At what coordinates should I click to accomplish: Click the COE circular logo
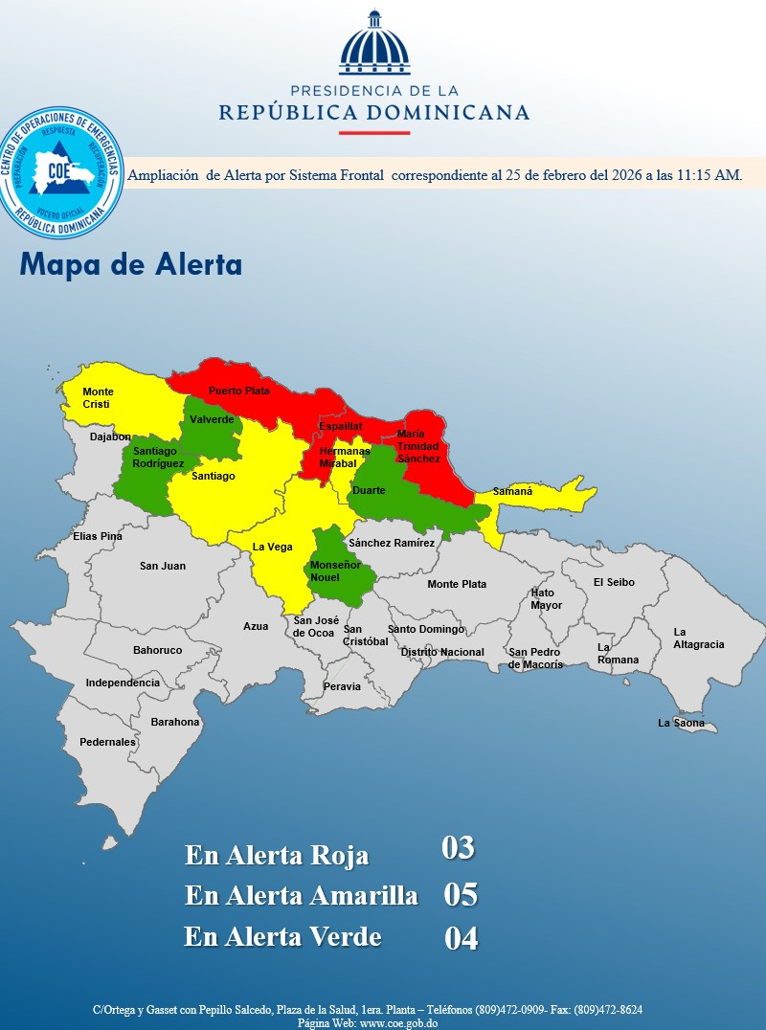click(62, 173)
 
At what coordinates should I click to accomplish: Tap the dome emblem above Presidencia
click(373, 45)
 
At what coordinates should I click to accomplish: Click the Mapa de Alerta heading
click(130, 265)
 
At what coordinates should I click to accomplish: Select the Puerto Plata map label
click(239, 391)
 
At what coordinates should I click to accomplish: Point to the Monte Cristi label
click(97, 398)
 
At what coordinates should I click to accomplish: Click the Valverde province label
click(212, 420)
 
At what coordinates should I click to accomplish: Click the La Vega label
click(272, 547)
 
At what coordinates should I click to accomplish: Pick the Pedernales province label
click(107, 742)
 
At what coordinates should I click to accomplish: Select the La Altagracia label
click(699, 638)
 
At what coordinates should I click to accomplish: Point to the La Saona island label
click(681, 724)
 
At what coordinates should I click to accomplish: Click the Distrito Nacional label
click(442, 652)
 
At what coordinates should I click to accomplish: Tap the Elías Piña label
click(98, 536)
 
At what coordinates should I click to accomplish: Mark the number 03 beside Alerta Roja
click(458, 848)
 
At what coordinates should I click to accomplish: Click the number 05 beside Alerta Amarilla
click(461, 895)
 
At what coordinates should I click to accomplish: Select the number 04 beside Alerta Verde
click(461, 939)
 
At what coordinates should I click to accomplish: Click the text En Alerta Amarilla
click(302, 896)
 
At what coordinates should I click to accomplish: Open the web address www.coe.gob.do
click(398, 1023)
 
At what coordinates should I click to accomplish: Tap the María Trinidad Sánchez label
click(418, 446)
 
